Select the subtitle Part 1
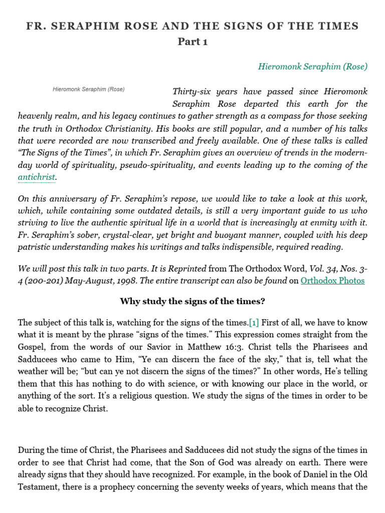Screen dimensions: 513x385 click(x=192, y=42)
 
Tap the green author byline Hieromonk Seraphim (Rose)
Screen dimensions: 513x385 click(x=312, y=66)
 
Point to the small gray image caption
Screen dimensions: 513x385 click(x=88, y=89)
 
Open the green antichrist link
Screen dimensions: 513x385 click(x=37, y=177)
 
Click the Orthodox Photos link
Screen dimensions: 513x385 click(x=332, y=281)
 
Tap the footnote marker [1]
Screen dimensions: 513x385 click(x=254, y=322)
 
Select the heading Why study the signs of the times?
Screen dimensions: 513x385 click(x=192, y=301)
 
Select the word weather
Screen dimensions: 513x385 click(x=34, y=371)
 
